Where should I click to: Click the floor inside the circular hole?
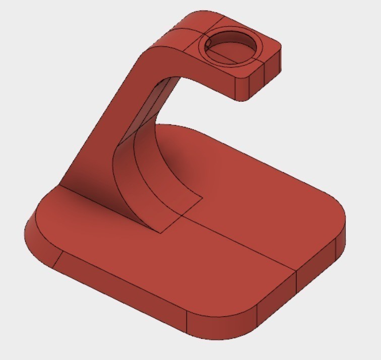(x=233, y=51)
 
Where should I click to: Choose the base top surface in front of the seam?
(x=151, y=262)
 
